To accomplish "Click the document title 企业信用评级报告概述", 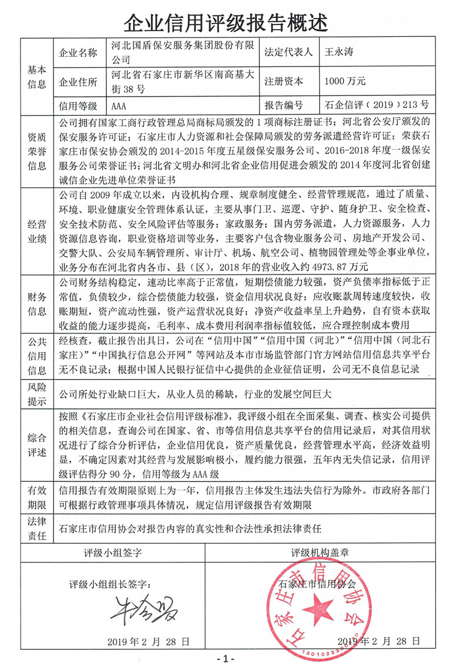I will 226,22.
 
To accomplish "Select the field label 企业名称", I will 78,53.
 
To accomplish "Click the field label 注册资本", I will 284,81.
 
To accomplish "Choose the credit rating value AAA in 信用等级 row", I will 119,106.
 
